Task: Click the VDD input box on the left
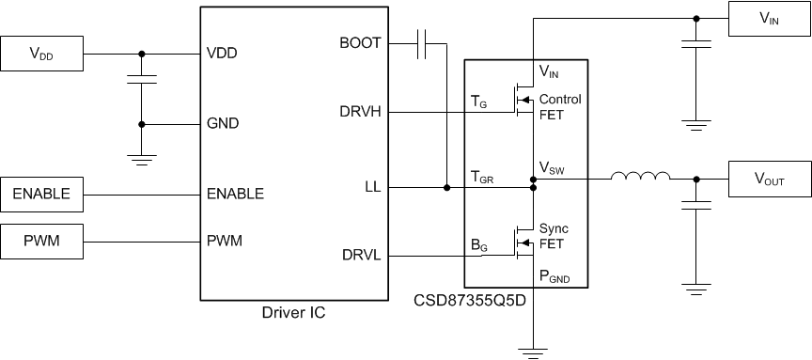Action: coord(42,53)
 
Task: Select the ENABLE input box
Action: coord(42,194)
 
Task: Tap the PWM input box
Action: coord(42,241)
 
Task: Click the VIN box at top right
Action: coord(770,17)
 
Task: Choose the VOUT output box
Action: coord(770,177)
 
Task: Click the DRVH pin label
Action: coord(360,112)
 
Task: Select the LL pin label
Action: coord(372,187)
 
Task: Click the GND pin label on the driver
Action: coord(223,123)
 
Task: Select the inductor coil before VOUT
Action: coord(640,176)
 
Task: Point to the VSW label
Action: coord(553,168)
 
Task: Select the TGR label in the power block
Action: coord(483,176)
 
